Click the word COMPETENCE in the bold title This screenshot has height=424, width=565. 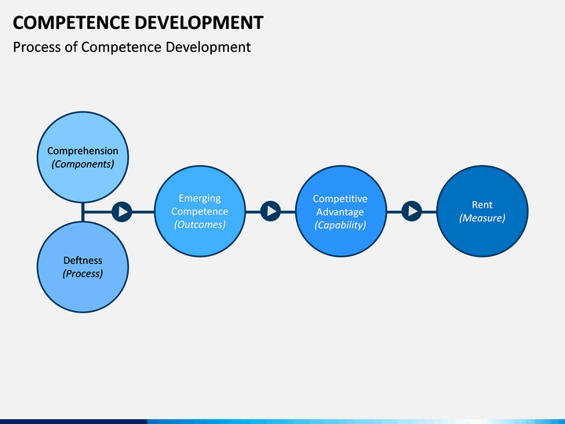coord(71,23)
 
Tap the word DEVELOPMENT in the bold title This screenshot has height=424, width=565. coord(199,23)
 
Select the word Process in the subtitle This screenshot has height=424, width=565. coord(37,47)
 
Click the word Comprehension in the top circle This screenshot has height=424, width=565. coord(82,151)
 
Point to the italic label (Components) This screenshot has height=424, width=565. coord(82,164)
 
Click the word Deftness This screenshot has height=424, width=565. coord(82,261)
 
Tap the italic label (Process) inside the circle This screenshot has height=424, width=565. coord(82,274)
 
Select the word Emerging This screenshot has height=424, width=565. coord(199,199)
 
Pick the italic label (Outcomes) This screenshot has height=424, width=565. coord(199,225)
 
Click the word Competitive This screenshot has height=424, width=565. coord(340,199)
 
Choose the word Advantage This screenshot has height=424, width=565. coord(340,212)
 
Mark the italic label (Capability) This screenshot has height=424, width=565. coord(340,225)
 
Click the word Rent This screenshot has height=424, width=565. coord(482,205)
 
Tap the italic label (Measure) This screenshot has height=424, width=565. coord(482,218)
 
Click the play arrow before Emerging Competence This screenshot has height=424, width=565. coord(122,212)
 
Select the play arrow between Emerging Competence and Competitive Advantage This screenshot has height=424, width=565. coord(270,211)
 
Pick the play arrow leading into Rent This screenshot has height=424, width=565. coord(411,211)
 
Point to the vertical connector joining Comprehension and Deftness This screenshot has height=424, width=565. coord(83,212)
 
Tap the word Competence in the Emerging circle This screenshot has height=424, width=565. coord(199,212)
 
